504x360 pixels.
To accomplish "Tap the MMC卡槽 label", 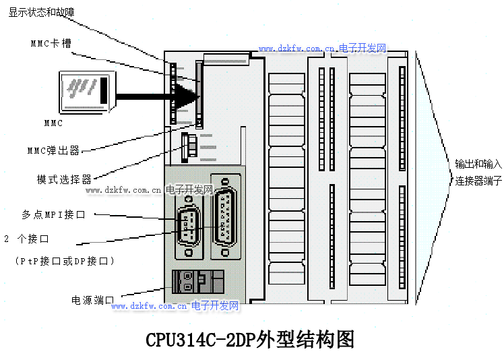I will pyautogui.click(x=51, y=43).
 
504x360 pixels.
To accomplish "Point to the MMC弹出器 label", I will pyautogui.click(x=53, y=150).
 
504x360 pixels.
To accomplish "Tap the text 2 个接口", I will pyautogui.click(x=26, y=239).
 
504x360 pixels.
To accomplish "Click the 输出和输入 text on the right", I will pyautogui.click(x=478, y=164).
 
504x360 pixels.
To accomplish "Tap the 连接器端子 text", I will pyautogui.click(x=478, y=181).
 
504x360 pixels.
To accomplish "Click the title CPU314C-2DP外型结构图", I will pyautogui.click(x=250, y=339).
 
